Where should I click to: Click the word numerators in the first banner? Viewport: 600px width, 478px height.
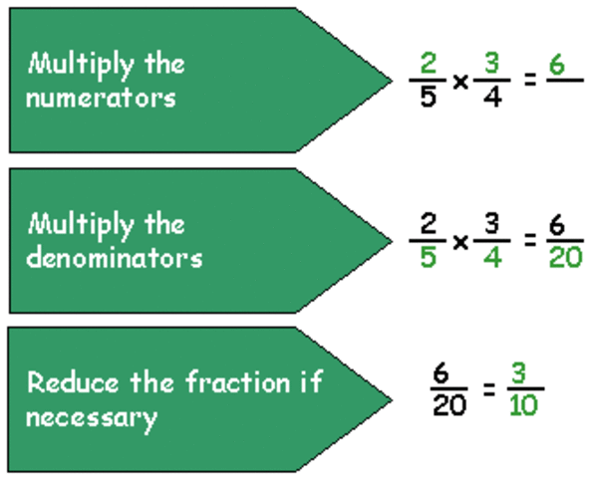(102, 98)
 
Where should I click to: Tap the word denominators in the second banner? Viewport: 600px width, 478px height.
(115, 257)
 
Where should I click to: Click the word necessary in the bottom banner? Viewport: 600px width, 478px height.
(92, 416)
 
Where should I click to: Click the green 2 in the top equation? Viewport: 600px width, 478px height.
(428, 64)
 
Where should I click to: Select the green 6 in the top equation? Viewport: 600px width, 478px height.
(556, 64)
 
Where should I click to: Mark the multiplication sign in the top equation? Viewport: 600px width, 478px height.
(459, 82)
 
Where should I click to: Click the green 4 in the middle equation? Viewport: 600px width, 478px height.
(491, 259)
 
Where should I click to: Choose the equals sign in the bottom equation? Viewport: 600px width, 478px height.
(488, 387)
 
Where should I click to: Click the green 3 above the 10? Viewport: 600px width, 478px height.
(521, 370)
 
